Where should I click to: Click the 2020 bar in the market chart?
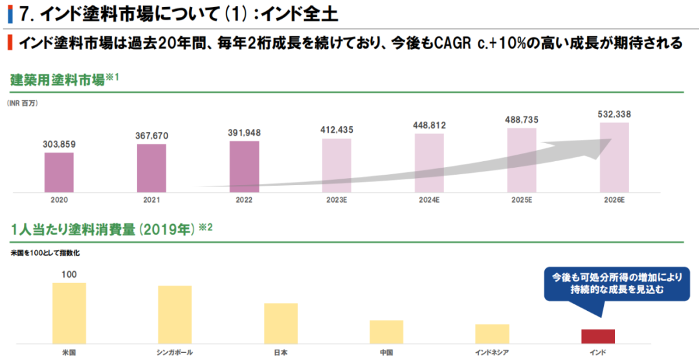pos(59,172)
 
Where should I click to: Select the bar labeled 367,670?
pos(151,168)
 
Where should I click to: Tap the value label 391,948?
pos(244,133)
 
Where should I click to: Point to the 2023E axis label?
pos(337,201)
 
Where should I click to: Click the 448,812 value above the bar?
pos(428,125)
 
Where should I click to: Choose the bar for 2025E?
pos(522,160)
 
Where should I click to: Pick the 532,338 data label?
pos(614,114)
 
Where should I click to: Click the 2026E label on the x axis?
pos(614,201)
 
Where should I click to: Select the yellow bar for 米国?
pos(69,313)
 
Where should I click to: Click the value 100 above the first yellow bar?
pos(69,274)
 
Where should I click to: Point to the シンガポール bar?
pos(175,314)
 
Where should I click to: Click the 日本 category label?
pos(280,352)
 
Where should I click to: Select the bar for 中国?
pos(386,332)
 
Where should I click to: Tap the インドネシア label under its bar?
pos(492,352)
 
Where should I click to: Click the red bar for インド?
pos(598,336)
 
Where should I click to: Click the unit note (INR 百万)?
pos(23,104)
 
